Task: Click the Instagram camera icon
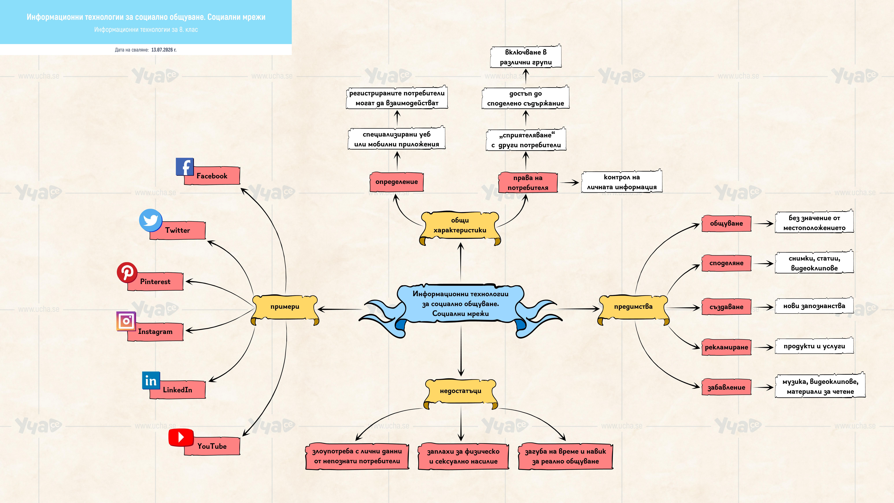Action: [x=126, y=321]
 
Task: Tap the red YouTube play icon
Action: [x=181, y=437]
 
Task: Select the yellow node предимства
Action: [x=633, y=309]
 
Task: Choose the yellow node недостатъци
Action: [x=461, y=393]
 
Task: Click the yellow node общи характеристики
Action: [x=460, y=227]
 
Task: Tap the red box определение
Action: [x=397, y=182]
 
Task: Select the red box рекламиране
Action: [x=726, y=347]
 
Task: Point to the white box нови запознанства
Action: [x=814, y=306]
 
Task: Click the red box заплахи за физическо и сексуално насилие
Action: [x=463, y=456]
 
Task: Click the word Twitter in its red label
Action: [x=177, y=230]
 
